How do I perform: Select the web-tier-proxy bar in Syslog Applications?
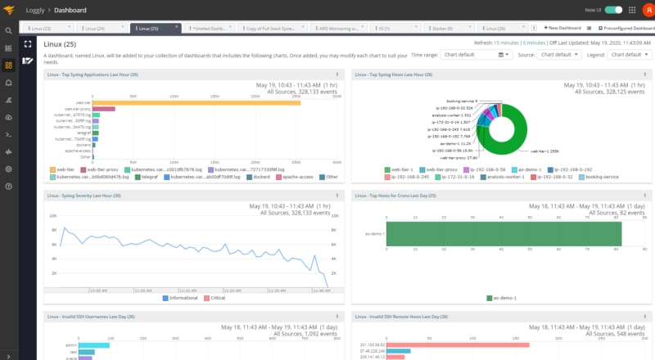point(103,109)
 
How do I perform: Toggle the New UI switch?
point(613,10)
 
